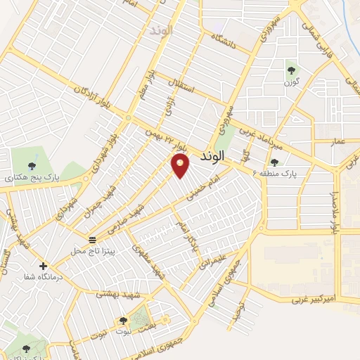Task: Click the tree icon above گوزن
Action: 290,69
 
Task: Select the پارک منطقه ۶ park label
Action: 295,172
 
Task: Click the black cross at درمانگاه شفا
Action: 44,266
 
